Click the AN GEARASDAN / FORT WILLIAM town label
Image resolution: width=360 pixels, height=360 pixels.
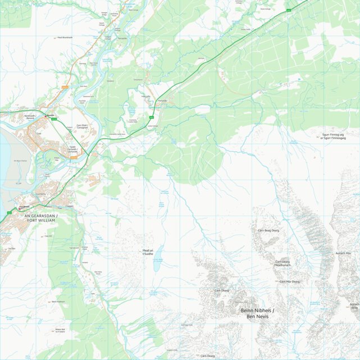click(x=42, y=217)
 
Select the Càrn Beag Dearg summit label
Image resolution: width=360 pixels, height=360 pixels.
click(x=268, y=230)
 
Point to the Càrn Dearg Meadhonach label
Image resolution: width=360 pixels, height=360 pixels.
click(x=282, y=263)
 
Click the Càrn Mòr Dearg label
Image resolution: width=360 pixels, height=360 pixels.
click(x=289, y=281)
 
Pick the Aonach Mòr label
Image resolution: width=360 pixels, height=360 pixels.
click(x=343, y=253)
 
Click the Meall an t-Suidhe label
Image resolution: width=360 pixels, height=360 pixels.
click(x=148, y=253)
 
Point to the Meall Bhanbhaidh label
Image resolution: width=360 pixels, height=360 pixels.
click(x=66, y=38)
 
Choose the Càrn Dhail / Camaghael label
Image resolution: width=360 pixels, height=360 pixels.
click(x=82, y=126)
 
